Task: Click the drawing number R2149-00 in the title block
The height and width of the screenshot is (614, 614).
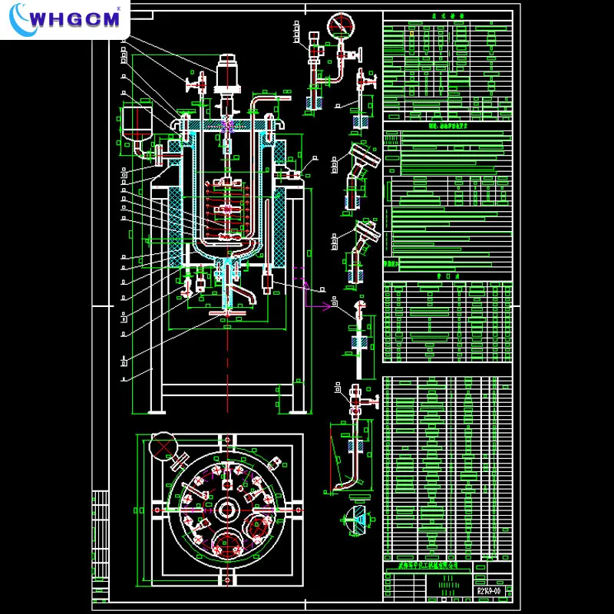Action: coord(489,591)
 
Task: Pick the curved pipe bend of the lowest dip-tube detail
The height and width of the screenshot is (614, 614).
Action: coord(349,483)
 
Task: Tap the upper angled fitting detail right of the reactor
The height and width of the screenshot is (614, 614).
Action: coord(361,161)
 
